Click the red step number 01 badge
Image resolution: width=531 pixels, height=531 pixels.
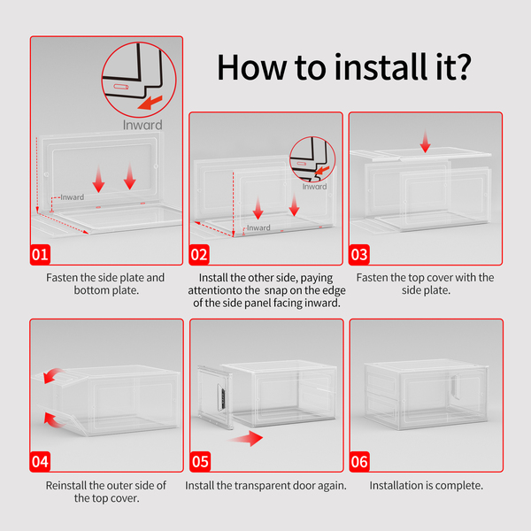[x=41, y=254]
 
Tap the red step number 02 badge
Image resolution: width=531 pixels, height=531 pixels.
[x=199, y=254]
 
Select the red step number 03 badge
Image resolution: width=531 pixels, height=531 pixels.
[x=359, y=254]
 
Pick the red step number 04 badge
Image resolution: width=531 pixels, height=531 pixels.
[x=41, y=461]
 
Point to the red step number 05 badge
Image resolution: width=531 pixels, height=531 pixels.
[x=200, y=461]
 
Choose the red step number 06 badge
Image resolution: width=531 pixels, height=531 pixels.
[x=359, y=461]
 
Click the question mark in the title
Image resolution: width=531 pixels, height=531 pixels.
[x=461, y=67]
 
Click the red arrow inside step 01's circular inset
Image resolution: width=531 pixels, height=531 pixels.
[x=150, y=103]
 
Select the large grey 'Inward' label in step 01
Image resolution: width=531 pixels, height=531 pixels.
[x=142, y=125]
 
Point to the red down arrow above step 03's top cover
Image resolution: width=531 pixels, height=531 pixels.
[x=426, y=142]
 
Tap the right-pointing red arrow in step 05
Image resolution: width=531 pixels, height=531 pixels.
[x=246, y=439]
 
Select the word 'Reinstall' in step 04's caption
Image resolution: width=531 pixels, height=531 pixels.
[x=66, y=485]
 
